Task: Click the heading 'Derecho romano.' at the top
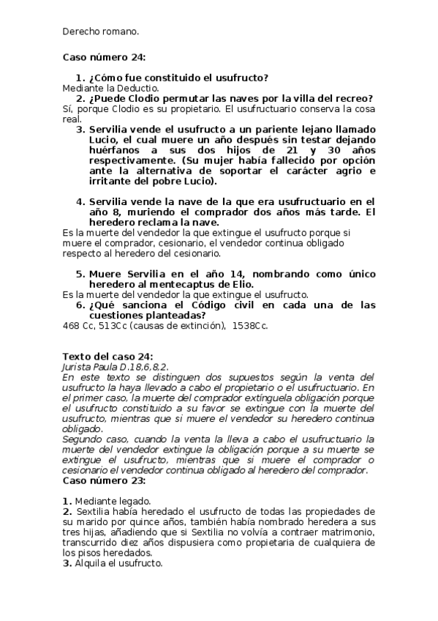(x=100, y=32)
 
